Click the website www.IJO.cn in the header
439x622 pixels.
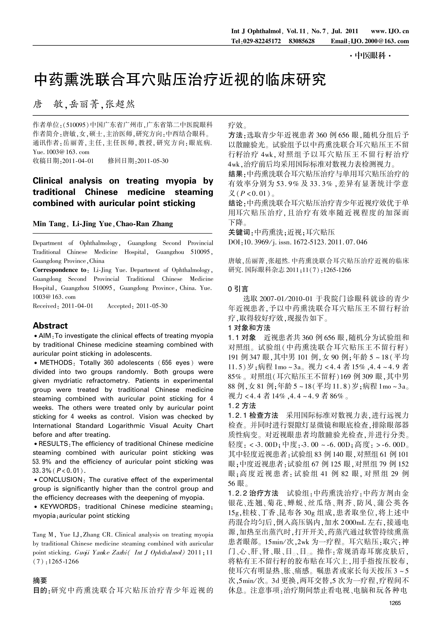click(x=390, y=31)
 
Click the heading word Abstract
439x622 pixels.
click(x=50, y=326)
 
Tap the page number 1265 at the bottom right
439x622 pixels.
click(x=395, y=603)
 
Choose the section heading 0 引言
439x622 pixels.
click(x=238, y=289)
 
